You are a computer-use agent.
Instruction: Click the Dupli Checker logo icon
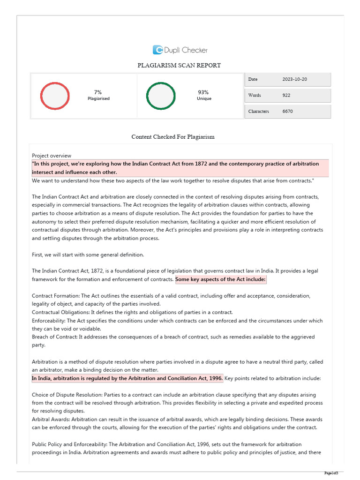click(158, 50)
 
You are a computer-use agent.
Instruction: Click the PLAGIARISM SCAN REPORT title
click(179, 66)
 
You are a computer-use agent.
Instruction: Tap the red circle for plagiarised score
click(55, 96)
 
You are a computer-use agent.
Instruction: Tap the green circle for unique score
click(161, 96)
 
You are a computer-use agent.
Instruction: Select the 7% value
click(98, 92)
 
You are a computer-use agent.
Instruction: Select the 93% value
click(203, 92)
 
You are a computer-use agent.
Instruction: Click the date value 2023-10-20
click(295, 79)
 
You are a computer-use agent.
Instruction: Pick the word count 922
click(286, 95)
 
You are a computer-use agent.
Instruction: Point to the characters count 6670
click(288, 112)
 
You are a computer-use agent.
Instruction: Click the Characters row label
click(259, 112)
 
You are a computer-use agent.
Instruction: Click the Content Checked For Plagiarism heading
click(173, 137)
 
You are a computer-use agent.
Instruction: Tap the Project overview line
click(52, 156)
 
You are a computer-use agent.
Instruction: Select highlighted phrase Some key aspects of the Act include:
click(221, 279)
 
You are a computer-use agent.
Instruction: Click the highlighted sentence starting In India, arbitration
click(127, 378)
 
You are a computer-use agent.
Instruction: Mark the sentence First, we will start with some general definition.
click(88, 255)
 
